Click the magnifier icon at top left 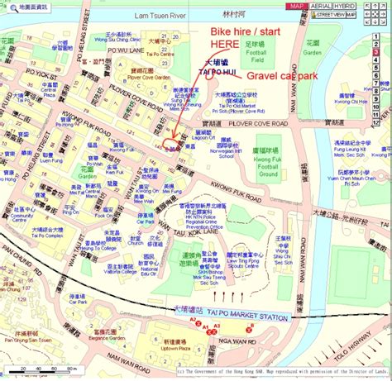[7, 7]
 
